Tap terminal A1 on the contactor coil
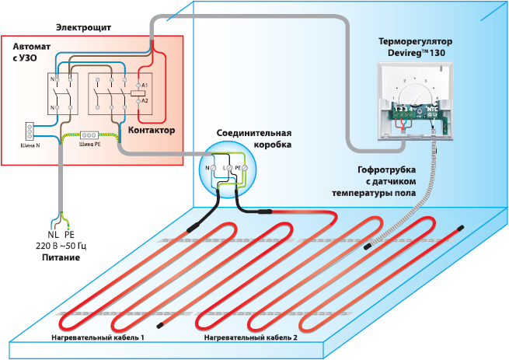point(145,83)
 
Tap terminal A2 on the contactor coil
point(145,101)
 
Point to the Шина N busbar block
point(31,128)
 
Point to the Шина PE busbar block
point(89,135)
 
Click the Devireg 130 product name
point(416,51)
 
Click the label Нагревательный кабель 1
point(98,338)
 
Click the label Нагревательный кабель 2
point(250,338)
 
